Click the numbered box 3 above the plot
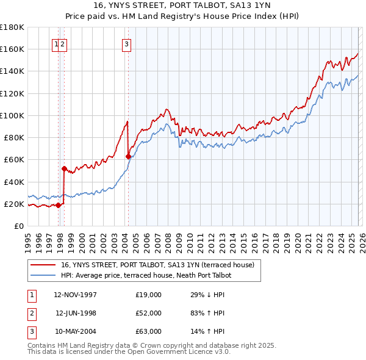[126, 43]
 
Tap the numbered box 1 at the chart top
[56, 43]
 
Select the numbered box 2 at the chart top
[63, 43]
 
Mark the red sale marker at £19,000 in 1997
[59, 205]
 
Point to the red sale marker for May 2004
[128, 156]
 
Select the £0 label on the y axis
[18, 226]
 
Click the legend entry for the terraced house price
[161, 265]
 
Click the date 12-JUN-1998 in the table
[76, 313]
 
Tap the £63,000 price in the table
[149, 331]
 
